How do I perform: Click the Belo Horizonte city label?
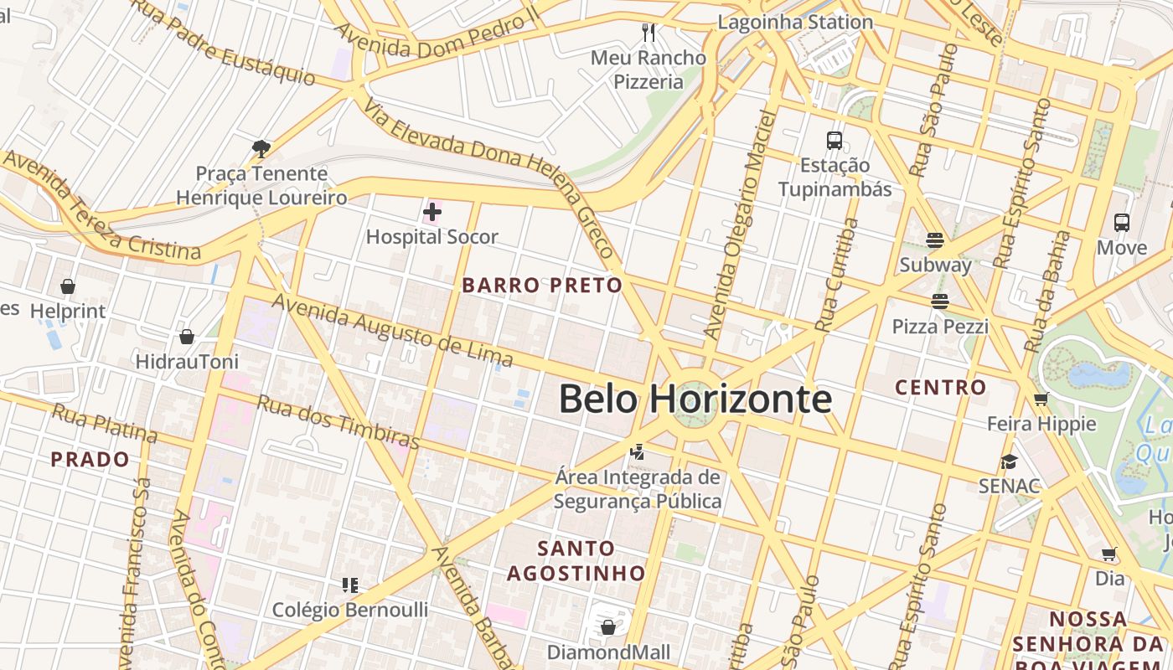(x=695, y=399)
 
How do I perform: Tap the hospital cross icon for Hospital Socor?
(x=432, y=212)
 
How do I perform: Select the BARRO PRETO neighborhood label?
(x=542, y=286)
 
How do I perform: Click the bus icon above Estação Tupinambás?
(x=835, y=140)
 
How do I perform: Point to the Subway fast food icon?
(x=935, y=240)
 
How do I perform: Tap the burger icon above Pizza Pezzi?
(x=940, y=301)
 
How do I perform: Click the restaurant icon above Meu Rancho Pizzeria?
(x=648, y=33)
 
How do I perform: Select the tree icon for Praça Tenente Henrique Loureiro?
(x=261, y=149)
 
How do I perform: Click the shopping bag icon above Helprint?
(x=68, y=286)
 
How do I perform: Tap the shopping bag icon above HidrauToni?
(x=187, y=337)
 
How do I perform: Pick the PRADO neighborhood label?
(x=90, y=460)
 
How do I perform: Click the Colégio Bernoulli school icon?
(x=349, y=585)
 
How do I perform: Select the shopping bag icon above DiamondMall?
(x=608, y=626)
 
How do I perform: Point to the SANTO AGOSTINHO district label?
(x=576, y=561)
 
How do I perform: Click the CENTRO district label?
(x=940, y=388)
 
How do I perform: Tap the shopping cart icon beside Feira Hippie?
(x=1041, y=399)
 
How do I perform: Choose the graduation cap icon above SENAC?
(x=1009, y=461)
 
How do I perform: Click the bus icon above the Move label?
(x=1122, y=223)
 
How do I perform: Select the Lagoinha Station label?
(x=795, y=23)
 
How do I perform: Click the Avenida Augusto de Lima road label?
(x=391, y=332)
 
